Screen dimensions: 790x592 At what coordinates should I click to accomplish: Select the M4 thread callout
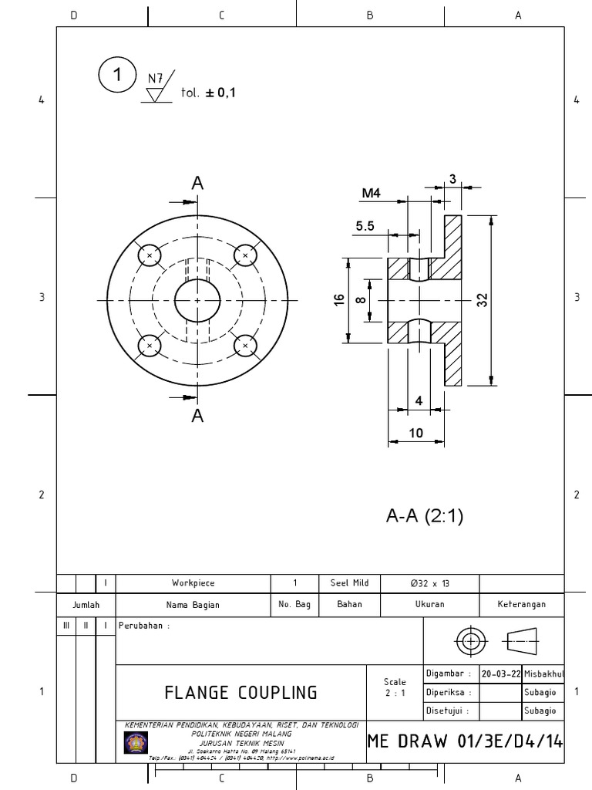[x=372, y=194]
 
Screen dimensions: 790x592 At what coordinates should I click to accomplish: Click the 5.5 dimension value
[x=365, y=226]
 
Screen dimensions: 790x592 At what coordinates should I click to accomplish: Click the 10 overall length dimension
[x=416, y=433]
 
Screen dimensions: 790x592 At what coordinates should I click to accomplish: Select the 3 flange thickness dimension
[x=453, y=179]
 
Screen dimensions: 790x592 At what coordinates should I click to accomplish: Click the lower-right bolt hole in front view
[x=245, y=346]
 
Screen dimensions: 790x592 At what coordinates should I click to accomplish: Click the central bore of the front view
[x=197, y=300]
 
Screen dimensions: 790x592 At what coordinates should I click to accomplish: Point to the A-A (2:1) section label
[x=425, y=516]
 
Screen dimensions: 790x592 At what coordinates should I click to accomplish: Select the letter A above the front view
[x=198, y=184]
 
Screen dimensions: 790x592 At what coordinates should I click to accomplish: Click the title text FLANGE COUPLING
[x=240, y=692]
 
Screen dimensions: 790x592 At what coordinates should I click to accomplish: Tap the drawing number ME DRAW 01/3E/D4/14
[x=465, y=741]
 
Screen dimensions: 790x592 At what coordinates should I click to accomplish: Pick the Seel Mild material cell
[x=349, y=583]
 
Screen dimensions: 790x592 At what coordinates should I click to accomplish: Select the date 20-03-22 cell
[x=499, y=674]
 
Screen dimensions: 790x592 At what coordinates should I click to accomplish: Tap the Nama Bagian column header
[x=193, y=605]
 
